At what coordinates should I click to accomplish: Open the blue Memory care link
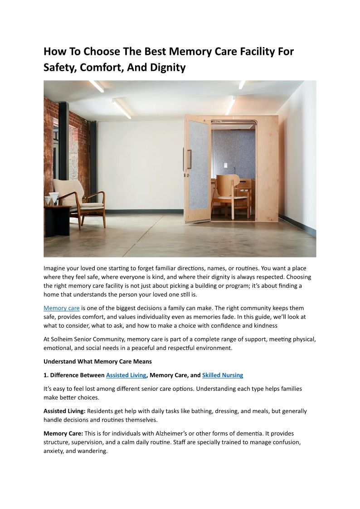point(61,308)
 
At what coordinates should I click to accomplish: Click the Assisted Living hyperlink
point(126,375)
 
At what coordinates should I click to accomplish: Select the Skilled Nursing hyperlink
point(222,375)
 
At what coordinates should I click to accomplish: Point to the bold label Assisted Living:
point(64,411)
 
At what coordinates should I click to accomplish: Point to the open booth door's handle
point(189,159)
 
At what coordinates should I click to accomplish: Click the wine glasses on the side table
point(51,199)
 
